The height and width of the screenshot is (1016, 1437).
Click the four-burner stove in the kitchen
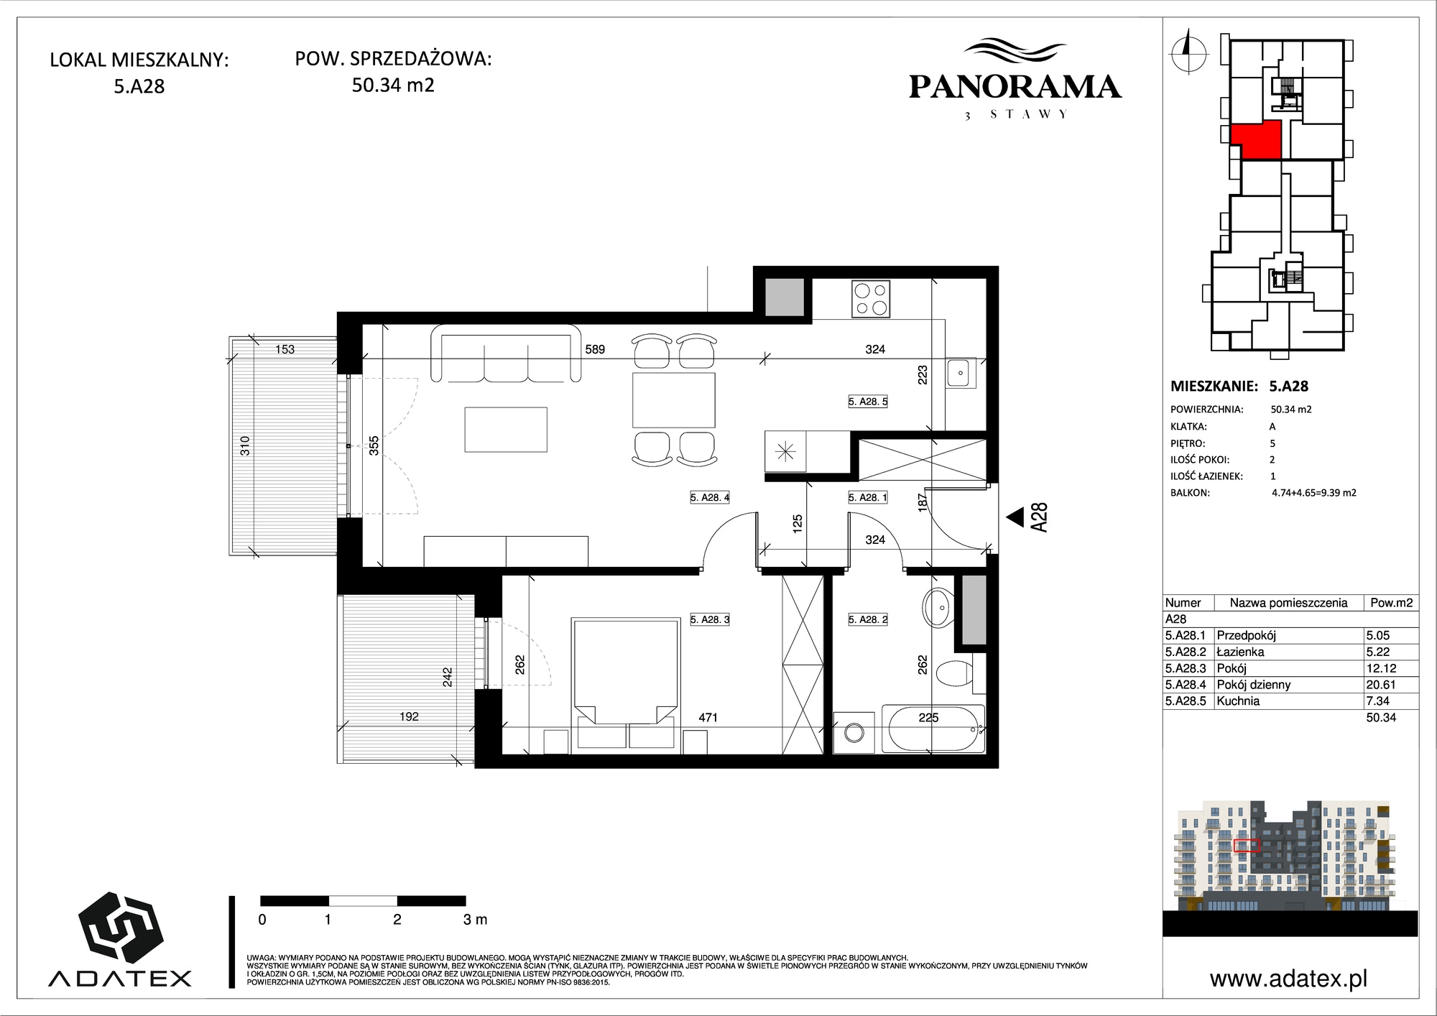tap(871, 299)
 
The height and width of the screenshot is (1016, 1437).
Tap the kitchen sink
tap(959, 373)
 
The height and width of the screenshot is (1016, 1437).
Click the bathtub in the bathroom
tap(933, 729)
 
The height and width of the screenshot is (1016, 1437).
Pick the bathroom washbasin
tap(936, 607)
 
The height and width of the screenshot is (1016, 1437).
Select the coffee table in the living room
tap(506, 430)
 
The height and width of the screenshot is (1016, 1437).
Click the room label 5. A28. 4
tap(710, 497)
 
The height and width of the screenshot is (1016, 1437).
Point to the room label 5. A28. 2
tap(868, 619)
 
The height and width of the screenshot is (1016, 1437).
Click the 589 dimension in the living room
tap(595, 350)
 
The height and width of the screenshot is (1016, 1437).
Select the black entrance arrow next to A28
tap(1015, 517)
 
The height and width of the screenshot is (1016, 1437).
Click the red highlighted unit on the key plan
tap(1258, 139)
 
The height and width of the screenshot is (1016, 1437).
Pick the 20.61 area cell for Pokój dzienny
tap(1380, 685)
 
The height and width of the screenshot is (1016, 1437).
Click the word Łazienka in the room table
tap(1240, 652)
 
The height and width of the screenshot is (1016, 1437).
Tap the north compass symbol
tap(1188, 50)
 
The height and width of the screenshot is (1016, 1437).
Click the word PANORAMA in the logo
tap(1015, 87)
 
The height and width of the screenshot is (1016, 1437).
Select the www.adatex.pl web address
tap(1288, 979)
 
